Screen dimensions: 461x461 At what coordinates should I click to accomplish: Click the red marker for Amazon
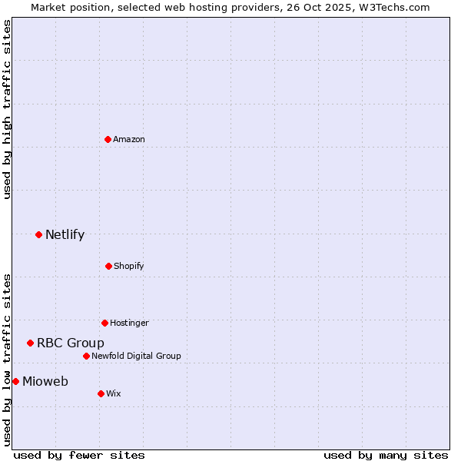108,139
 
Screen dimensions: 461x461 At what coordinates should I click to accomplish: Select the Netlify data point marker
38,234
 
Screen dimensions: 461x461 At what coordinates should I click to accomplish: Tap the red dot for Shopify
108,266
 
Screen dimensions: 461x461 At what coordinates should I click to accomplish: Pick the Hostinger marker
104,323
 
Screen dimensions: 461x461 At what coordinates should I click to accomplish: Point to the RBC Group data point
30,343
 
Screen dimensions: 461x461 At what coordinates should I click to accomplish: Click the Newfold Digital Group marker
86,356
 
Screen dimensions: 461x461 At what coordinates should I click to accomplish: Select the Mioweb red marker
15,381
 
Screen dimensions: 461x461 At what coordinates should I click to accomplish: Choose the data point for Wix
101,393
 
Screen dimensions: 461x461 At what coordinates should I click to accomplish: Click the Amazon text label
129,139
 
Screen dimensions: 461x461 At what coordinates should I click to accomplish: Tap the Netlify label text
65,234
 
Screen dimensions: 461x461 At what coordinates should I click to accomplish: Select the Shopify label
129,266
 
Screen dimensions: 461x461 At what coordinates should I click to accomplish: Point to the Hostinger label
129,323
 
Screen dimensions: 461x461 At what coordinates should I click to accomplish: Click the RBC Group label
71,343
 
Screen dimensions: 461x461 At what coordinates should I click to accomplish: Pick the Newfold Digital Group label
136,356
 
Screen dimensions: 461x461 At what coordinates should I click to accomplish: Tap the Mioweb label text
45,381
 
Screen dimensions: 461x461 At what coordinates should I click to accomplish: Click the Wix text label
113,393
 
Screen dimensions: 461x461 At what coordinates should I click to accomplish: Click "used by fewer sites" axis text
79,455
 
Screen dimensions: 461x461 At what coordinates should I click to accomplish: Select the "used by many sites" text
386,455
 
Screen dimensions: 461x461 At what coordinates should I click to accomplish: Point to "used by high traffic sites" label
7,109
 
